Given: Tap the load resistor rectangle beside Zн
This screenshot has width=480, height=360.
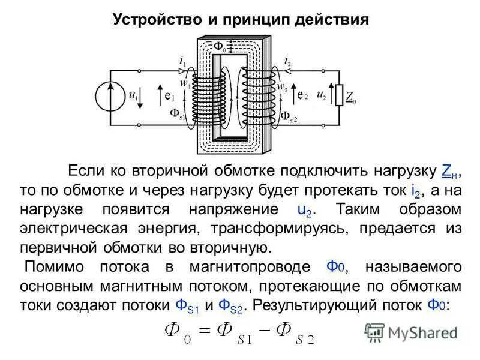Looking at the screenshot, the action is tap(339, 94).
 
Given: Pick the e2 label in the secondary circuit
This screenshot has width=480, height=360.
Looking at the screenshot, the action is tap(302, 95).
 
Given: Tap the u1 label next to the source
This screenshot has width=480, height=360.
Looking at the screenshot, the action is tap(133, 95).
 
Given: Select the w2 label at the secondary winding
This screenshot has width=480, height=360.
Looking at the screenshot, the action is tap(281, 85).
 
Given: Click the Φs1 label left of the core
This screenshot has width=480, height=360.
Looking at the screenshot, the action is tap(177, 114).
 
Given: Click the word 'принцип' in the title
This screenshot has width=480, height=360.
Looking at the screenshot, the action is tap(254, 19).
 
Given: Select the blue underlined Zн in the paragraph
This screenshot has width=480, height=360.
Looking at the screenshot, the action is tap(449, 170).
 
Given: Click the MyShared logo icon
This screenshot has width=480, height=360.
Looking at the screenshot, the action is tap(374, 332).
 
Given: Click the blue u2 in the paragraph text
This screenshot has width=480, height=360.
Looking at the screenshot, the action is tap(288, 210).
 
